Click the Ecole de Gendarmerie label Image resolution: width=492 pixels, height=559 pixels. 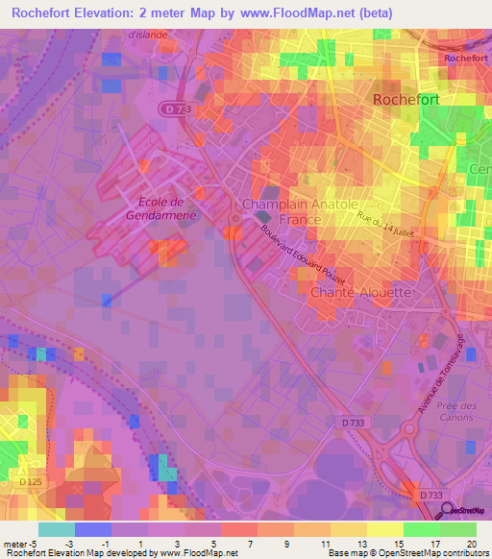[154, 207]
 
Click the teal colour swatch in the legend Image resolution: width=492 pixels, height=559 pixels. [57, 528]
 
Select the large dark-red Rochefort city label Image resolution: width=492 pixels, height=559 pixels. [405, 99]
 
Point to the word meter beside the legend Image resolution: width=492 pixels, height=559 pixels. [15, 543]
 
